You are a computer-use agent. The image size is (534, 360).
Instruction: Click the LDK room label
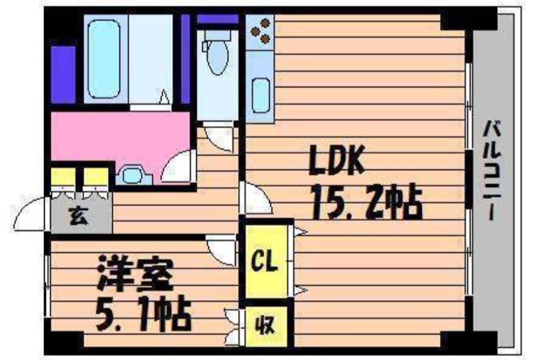pyautogui.click(x=336, y=160)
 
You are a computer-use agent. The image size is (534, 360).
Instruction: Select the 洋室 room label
pyautogui.click(x=136, y=275)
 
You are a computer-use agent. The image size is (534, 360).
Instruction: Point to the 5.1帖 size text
pyautogui.click(x=144, y=314)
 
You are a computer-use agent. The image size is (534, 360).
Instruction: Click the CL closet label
pyautogui.click(x=264, y=262)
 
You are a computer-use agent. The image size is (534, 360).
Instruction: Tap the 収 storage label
pyautogui.click(x=265, y=326)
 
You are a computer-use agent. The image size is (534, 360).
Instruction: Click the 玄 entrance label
pyautogui.click(x=79, y=217)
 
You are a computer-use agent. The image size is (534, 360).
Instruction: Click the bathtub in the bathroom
pyautogui.click(x=104, y=59)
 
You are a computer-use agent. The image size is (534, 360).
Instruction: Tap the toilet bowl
pyautogui.click(x=217, y=56)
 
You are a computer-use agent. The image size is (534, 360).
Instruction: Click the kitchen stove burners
pyautogui.click(x=261, y=31)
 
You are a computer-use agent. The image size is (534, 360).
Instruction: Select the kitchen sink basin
pyautogui.click(x=261, y=96)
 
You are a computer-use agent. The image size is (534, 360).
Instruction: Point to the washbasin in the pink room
pyautogui.click(x=132, y=175)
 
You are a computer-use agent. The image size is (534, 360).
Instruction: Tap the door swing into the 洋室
pyautogui.click(x=222, y=253)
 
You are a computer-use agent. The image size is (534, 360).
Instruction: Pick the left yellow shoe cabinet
pyautogui.click(x=63, y=177)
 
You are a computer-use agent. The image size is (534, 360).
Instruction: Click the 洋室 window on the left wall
pyautogui.click(x=47, y=287)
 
